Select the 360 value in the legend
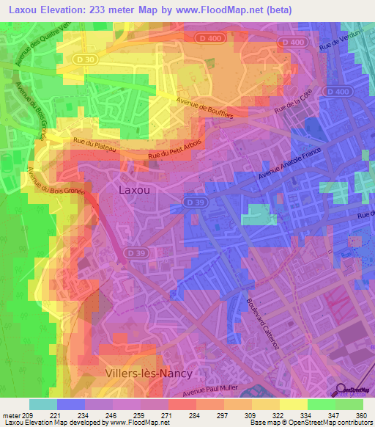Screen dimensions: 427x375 [x=360, y=415]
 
